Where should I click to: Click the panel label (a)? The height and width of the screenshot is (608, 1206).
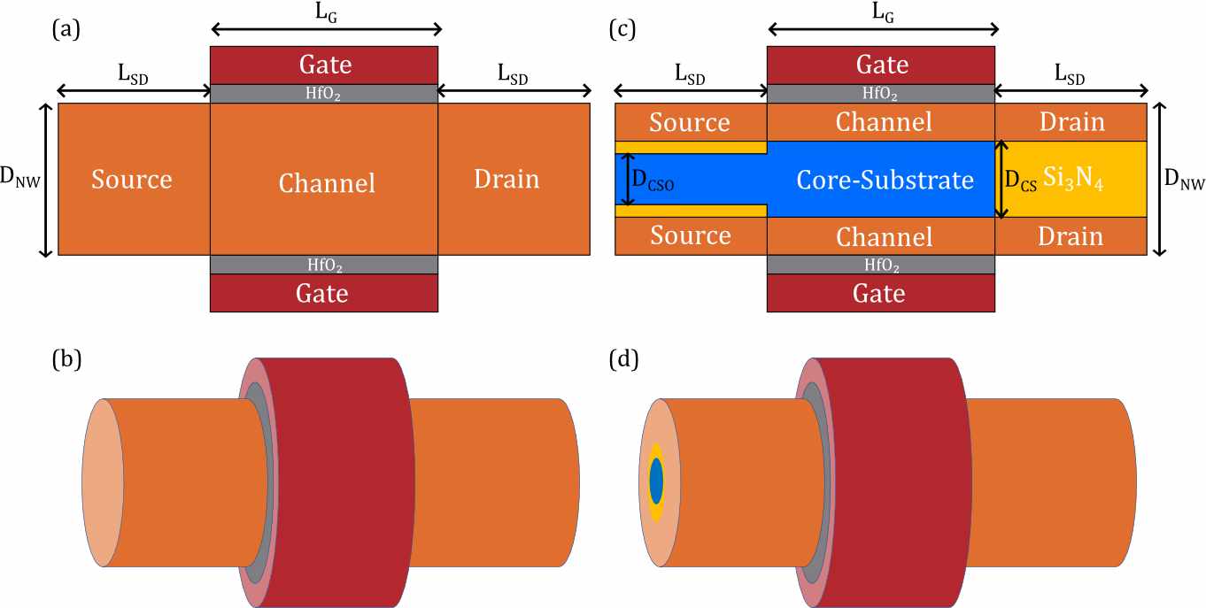66,29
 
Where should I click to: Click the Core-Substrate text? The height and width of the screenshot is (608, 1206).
885,180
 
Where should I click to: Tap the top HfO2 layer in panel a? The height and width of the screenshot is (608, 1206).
324,94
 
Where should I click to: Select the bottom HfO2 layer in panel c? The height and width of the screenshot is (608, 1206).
881,265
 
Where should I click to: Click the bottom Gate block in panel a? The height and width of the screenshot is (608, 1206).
324,293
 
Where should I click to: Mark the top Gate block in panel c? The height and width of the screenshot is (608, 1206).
881,65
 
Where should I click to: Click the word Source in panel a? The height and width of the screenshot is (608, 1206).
132,180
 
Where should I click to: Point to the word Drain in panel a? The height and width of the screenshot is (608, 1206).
506,180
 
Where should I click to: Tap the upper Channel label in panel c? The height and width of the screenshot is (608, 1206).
884,122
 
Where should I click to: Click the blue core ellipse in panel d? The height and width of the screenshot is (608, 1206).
656,481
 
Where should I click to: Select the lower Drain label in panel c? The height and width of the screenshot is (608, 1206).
1072,236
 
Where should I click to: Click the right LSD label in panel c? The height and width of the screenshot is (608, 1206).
1071,77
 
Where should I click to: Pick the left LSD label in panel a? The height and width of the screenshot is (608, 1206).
133,77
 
